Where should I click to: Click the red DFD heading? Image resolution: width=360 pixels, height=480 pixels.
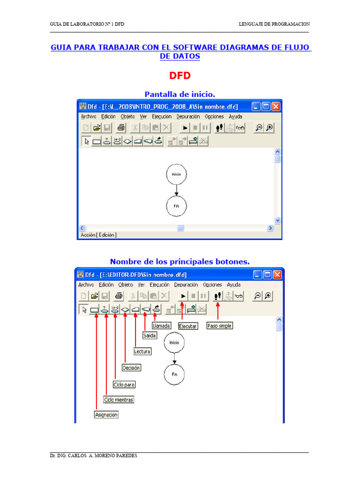click(x=180, y=75)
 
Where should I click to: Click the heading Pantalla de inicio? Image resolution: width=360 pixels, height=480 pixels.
click(x=180, y=94)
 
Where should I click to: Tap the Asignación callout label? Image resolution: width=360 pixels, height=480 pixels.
click(x=106, y=414)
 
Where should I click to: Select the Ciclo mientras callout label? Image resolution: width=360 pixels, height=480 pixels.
click(x=119, y=399)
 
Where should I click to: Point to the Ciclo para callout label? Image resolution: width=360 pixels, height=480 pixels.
click(x=124, y=384)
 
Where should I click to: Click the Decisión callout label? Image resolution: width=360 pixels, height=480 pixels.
click(x=131, y=367)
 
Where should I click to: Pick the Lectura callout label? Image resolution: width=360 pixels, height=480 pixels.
click(x=142, y=352)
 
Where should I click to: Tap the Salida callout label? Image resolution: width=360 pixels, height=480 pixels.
click(x=150, y=336)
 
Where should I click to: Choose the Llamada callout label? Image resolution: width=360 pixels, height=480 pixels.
click(x=161, y=326)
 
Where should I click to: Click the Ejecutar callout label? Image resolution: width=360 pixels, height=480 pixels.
click(x=188, y=326)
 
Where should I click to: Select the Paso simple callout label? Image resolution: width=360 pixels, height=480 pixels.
click(x=219, y=326)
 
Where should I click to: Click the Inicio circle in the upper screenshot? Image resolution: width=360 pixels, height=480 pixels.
click(x=176, y=174)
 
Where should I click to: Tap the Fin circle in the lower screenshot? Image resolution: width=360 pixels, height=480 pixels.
click(x=174, y=374)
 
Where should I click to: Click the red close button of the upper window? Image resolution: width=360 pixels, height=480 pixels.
click(x=276, y=106)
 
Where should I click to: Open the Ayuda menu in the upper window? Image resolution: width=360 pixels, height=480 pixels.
click(x=235, y=117)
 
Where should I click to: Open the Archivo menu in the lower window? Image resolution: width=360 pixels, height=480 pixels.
click(x=86, y=285)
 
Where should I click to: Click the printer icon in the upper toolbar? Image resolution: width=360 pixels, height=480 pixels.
click(x=121, y=127)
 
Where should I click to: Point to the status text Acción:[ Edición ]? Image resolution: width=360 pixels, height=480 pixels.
click(x=98, y=235)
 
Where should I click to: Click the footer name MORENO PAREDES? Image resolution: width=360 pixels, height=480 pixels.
click(x=116, y=456)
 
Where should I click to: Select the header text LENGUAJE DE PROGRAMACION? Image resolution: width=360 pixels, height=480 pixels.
click(x=274, y=24)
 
